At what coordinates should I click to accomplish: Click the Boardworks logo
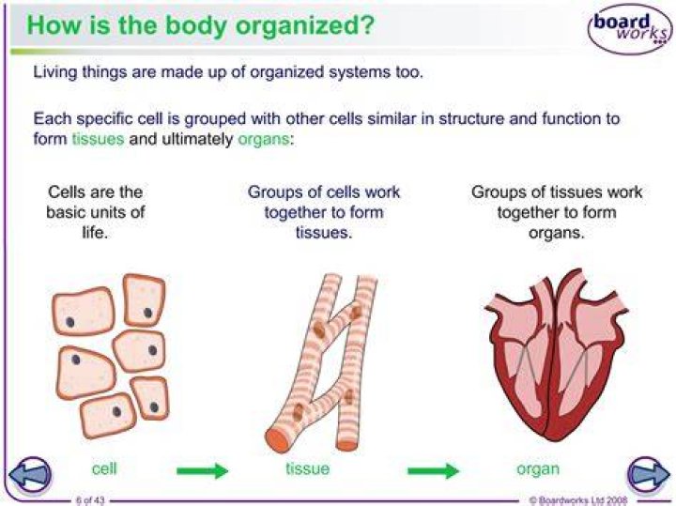[630, 28]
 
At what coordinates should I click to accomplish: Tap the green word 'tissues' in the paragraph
[98, 139]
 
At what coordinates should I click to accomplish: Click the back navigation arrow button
[30, 474]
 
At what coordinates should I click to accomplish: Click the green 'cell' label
[104, 468]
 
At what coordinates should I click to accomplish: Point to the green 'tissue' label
[307, 468]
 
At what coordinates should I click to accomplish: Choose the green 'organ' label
[538, 469]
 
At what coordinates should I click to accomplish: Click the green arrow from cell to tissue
[202, 470]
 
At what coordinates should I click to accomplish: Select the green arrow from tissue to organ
[433, 470]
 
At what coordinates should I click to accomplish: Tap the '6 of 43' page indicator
[90, 500]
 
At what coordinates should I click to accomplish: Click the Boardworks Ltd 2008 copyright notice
[578, 500]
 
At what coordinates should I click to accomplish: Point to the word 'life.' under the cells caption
[95, 233]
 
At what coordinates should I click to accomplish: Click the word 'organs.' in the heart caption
[556, 233]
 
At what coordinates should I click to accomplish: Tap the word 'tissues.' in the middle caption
[324, 233]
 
